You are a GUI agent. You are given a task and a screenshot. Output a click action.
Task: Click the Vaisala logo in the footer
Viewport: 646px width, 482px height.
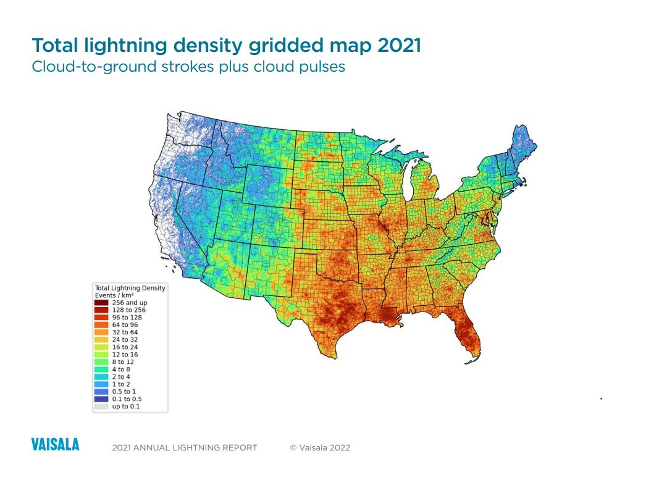[x=55, y=444]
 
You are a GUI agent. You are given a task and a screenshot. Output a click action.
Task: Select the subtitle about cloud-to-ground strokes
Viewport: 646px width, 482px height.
[x=188, y=66]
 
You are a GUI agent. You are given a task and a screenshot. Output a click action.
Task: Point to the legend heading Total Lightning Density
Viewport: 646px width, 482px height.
[x=130, y=288]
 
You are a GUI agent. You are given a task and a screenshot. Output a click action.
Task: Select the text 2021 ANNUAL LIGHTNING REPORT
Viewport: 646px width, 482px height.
[x=185, y=447]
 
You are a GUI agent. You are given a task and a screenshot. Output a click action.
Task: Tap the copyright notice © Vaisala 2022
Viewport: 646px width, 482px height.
[x=320, y=447]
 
